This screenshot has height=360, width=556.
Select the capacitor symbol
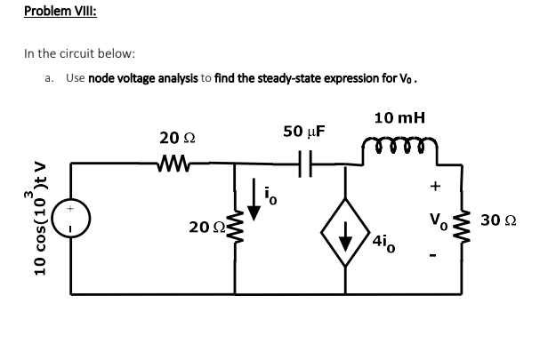pos(303,163)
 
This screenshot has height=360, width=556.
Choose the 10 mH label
pos(399,117)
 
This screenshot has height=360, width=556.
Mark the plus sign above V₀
pos(436,188)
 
